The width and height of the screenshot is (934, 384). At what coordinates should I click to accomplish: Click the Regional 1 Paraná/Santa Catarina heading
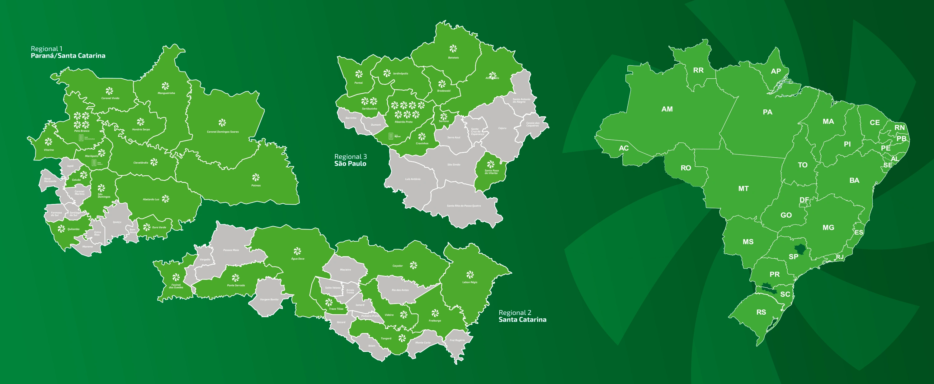(x=68, y=52)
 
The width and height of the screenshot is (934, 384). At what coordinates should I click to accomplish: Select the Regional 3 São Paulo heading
(x=350, y=160)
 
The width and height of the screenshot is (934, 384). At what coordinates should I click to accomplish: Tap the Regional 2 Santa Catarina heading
(x=522, y=316)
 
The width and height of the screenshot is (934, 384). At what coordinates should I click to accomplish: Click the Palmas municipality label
(x=256, y=186)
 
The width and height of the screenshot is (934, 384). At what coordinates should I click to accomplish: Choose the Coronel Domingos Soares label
(x=223, y=132)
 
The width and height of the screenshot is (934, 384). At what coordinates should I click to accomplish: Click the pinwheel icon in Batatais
(x=453, y=49)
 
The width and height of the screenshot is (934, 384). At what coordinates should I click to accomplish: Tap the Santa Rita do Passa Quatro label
(x=464, y=206)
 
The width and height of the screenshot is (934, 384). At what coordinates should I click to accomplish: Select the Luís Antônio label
(x=413, y=179)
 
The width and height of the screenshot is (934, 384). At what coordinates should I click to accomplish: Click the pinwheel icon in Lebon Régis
(x=470, y=274)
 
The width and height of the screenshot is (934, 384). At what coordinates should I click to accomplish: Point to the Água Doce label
(x=298, y=259)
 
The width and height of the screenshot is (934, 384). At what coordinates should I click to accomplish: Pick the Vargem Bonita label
(x=269, y=300)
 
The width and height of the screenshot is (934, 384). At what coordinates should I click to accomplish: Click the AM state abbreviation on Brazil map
(x=667, y=109)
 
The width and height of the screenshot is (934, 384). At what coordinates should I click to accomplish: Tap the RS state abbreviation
(x=761, y=312)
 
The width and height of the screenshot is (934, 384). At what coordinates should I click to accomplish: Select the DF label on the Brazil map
(x=804, y=200)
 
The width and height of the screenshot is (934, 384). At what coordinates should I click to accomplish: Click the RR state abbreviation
(x=698, y=70)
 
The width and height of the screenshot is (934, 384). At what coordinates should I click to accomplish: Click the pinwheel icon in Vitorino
(x=48, y=142)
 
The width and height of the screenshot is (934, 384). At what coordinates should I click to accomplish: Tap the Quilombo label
(x=73, y=229)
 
